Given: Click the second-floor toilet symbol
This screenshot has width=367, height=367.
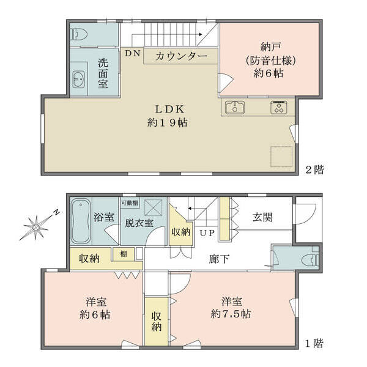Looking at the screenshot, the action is (x=78, y=35).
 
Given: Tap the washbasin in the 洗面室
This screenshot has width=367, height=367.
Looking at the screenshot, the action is (x=78, y=80).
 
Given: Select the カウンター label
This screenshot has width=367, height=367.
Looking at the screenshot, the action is (x=182, y=56).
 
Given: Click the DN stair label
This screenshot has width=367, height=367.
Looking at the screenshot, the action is (x=133, y=53).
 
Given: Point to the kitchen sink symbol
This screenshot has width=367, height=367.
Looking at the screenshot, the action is (x=235, y=108).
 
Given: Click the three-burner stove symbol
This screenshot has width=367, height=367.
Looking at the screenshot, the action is (x=279, y=108).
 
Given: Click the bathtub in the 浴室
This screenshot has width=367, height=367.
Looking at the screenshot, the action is (x=81, y=221).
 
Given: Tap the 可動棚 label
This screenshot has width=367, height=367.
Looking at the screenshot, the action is (x=130, y=202).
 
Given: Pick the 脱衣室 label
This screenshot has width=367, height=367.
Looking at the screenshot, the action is (x=139, y=223).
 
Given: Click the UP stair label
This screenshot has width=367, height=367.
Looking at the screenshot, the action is (x=207, y=233).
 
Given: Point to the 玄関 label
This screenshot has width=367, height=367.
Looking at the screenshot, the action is (x=262, y=217).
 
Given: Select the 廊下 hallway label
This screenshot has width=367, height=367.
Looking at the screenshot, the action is (x=219, y=259).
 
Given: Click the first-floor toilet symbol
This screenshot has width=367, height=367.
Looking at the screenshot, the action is (x=311, y=261).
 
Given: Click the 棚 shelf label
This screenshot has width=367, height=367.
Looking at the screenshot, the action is (x=124, y=254).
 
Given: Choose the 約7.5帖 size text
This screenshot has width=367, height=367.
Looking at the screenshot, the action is (x=231, y=314).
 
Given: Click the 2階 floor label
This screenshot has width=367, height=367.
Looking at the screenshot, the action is (x=315, y=169).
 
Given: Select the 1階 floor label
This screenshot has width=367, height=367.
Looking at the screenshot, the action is (x=314, y=344).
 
